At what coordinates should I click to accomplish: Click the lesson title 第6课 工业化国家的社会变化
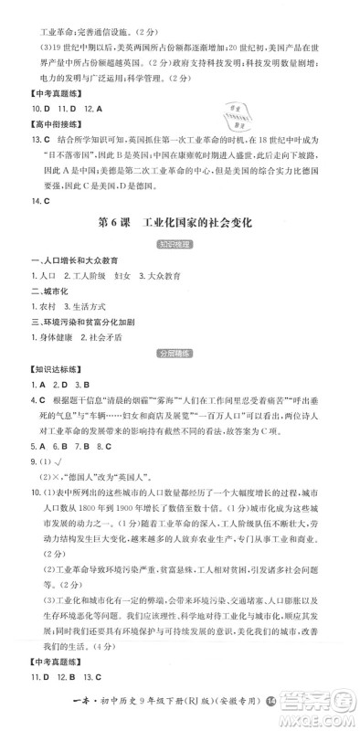pyautogui.click(x=179, y=222)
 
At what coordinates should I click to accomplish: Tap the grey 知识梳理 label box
pyautogui.click(x=179, y=245)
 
